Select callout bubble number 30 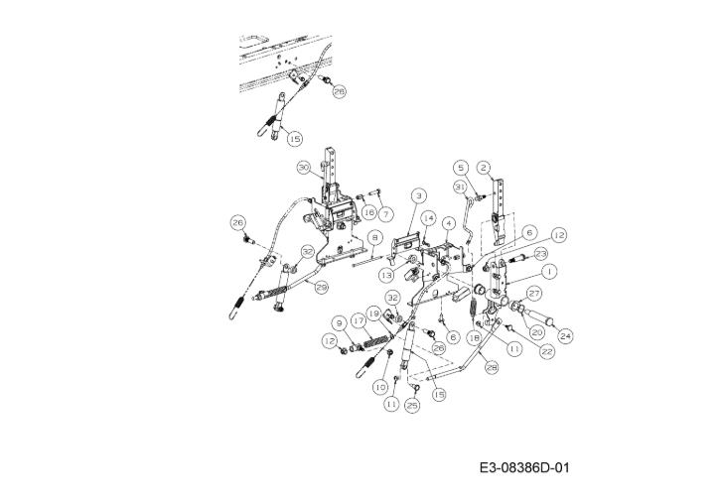coord(304,168)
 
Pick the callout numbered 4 coord(449,223)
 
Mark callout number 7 coord(386,213)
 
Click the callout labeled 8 coord(373,238)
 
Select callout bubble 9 coord(340,322)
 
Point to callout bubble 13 coord(381,274)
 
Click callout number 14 coord(428,216)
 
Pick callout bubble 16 coord(367,212)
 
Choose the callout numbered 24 coord(566,336)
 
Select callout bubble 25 coord(412,406)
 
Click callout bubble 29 coord(321,287)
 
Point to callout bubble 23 coord(540,253)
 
